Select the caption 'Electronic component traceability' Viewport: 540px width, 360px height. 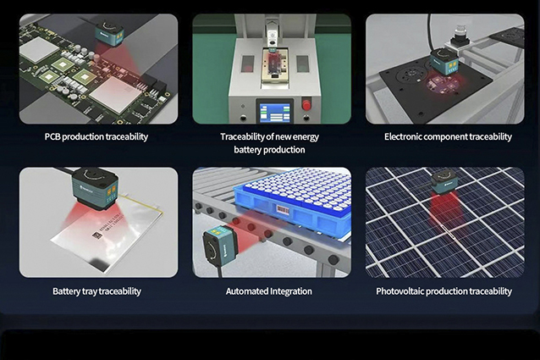448,136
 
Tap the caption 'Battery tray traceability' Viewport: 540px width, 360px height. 96,291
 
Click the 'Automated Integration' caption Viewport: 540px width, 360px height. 268,291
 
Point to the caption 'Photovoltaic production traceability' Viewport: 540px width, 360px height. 444,291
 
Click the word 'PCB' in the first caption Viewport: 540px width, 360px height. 54,136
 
